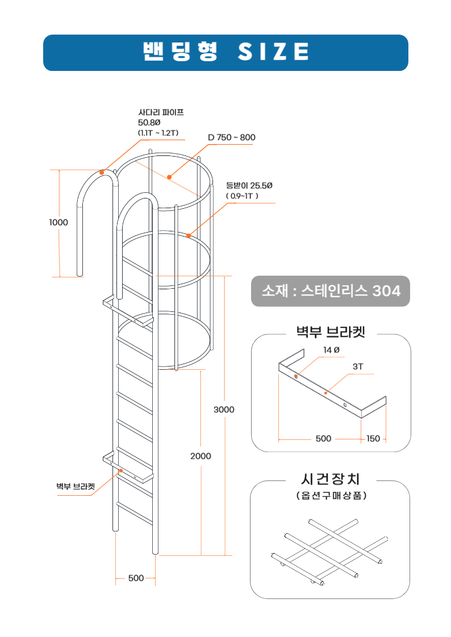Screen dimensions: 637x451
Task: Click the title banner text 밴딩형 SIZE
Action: point(225,52)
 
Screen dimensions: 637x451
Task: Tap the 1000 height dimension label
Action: point(58,222)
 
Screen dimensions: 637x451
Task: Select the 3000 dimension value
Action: point(224,409)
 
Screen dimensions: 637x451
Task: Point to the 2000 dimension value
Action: point(201,456)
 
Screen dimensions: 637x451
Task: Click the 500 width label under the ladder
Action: point(136,578)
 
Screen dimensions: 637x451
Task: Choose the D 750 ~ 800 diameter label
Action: point(232,137)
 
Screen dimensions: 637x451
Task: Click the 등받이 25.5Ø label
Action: point(249,185)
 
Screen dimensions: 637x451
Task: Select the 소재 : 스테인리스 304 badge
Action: point(331,291)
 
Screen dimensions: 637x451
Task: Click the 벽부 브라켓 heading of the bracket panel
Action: point(331,331)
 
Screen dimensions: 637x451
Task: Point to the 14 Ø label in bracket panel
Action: point(331,351)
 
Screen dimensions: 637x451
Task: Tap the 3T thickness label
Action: point(358,367)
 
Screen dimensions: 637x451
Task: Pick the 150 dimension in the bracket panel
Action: point(373,438)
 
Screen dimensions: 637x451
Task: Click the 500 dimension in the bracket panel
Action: point(323,438)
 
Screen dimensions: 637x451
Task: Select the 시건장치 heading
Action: point(331,479)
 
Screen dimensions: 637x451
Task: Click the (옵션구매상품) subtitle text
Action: point(331,495)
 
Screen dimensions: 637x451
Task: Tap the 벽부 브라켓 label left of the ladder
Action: point(75,486)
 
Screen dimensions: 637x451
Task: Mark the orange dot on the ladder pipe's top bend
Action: point(102,171)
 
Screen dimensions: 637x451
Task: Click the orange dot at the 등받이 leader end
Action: point(189,235)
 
